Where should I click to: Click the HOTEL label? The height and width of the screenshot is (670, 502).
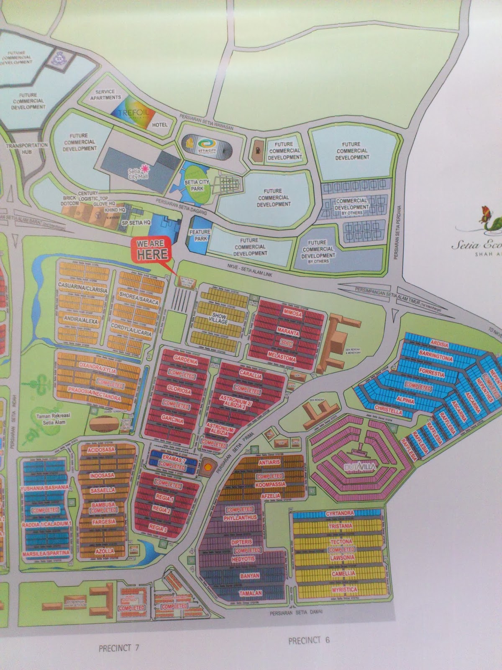click(x=160, y=125)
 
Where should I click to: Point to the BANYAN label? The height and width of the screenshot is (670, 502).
click(x=250, y=576)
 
